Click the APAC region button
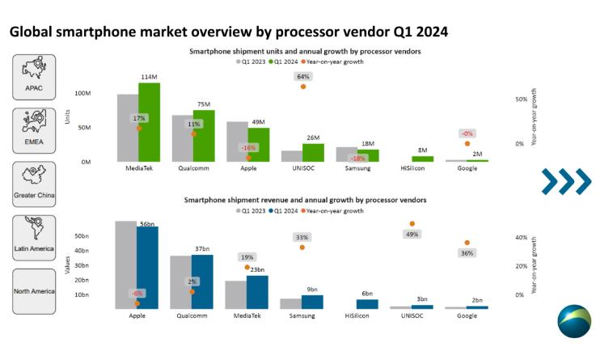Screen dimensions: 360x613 tap(34, 77)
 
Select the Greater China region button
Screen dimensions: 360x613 tap(34, 184)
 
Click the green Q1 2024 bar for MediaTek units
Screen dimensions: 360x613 tap(150, 121)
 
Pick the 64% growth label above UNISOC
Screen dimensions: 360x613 tap(303, 76)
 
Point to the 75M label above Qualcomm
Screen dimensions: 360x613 tap(203, 104)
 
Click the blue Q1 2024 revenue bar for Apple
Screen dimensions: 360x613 tap(147, 267)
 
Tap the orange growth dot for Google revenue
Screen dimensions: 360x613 tap(467, 243)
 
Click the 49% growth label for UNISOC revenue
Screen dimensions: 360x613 tap(412, 235)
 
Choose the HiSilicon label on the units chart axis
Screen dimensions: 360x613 tap(412, 168)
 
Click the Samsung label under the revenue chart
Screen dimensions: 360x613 tap(302, 316)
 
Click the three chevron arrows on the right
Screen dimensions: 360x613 tap(566, 181)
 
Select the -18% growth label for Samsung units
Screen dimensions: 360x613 tap(356, 159)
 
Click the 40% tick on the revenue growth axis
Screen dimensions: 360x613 tap(522, 238)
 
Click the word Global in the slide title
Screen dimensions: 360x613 tap(32, 32)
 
